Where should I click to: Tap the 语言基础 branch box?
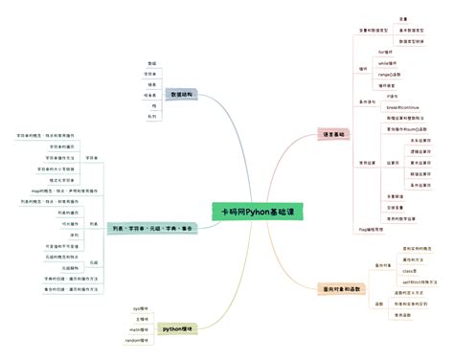[x=335, y=135]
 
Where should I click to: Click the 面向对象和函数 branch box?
[x=342, y=287]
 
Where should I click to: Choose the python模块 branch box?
[x=178, y=328]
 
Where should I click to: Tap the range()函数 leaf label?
[x=389, y=74]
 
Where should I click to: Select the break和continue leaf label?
[x=397, y=107]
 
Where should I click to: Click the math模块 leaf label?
[x=140, y=329]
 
